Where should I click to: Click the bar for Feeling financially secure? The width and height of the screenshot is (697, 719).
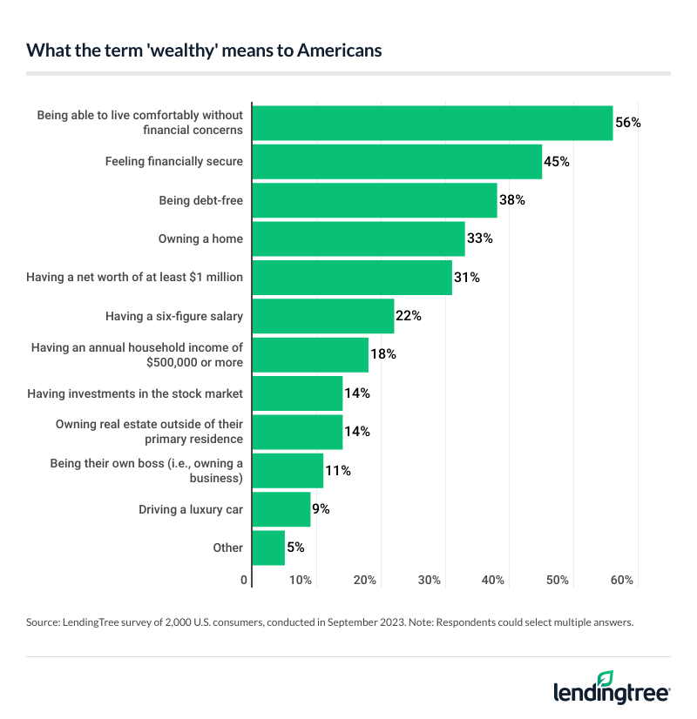coord(396,161)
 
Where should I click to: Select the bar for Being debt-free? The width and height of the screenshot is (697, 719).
coord(374,200)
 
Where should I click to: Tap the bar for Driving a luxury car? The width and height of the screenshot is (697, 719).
coord(281,509)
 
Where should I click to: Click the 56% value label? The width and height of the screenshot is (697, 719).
coord(628,123)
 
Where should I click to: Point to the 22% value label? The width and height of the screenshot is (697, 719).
coord(409,316)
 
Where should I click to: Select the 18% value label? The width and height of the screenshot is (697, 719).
coord(383,354)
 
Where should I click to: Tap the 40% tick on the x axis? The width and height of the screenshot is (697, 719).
coord(494,581)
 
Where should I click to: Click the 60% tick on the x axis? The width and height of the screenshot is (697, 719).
coord(622,581)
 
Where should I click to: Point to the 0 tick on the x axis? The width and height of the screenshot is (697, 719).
coord(245,581)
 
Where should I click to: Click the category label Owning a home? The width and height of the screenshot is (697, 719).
coord(200,239)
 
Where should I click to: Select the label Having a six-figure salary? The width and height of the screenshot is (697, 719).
coord(174,316)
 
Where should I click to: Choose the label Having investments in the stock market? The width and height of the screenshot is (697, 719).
coord(135,393)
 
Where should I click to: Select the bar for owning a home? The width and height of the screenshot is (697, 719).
coord(358,239)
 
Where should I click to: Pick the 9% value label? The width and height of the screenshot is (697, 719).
coord(321,509)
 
